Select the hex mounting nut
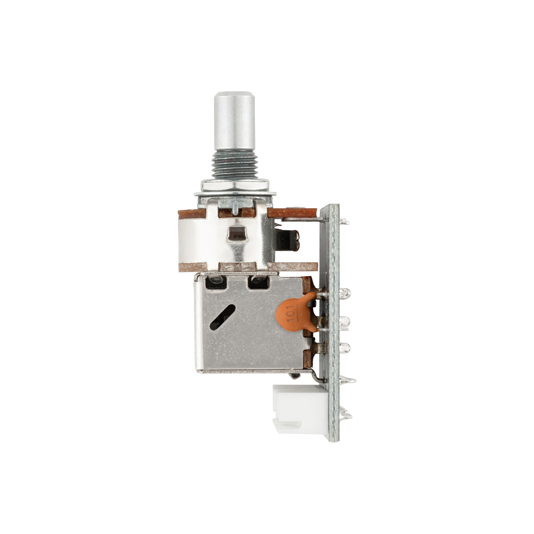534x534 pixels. tap(235, 186)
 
